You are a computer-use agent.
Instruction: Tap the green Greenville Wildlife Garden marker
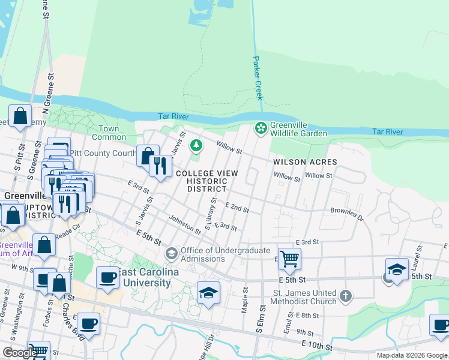click(x=261, y=128)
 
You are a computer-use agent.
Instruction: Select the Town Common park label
click(x=109, y=133)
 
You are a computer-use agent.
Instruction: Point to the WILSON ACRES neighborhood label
click(x=305, y=162)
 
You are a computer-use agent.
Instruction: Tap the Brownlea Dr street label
click(x=347, y=214)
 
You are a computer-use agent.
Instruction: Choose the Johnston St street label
click(x=184, y=225)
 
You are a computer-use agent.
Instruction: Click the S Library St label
click(x=210, y=214)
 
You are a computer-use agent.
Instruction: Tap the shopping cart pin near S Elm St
click(x=289, y=259)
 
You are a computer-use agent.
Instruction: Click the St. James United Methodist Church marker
click(x=345, y=296)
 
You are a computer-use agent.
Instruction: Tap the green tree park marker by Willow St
click(x=196, y=145)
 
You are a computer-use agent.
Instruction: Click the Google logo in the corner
click(x=20, y=353)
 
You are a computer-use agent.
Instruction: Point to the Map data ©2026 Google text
click(x=412, y=355)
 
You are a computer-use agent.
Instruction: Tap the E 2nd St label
click(x=237, y=208)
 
